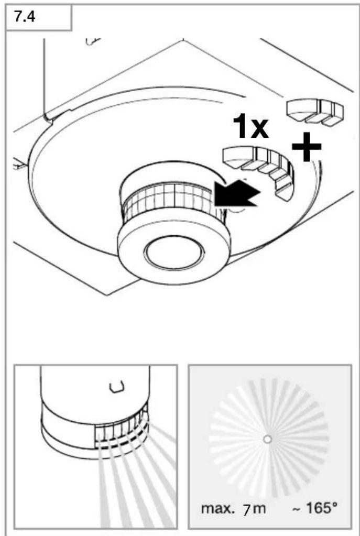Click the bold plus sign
click(x=307, y=147)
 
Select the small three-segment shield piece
click(x=315, y=112)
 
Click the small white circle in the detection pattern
click(x=268, y=439)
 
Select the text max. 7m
click(x=233, y=509)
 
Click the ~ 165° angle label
click(x=314, y=509)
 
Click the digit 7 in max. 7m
click(x=246, y=510)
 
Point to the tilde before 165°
click(x=296, y=509)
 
